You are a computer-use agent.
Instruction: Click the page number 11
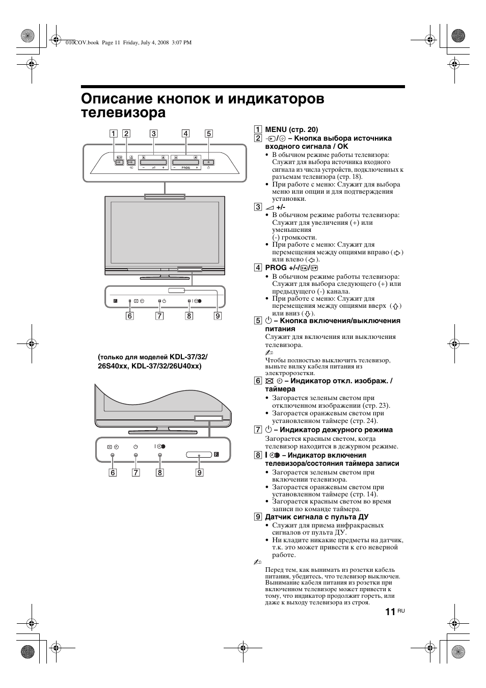tap(390, 612)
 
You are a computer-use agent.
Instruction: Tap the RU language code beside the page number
tap(401, 611)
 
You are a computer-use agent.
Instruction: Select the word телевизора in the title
tap(123, 112)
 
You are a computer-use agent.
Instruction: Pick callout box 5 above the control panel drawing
tap(208, 134)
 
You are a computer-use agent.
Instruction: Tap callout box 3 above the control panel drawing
tap(153, 134)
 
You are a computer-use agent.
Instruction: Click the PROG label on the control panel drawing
tap(185, 168)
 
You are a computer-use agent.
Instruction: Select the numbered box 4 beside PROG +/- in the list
tap(258, 268)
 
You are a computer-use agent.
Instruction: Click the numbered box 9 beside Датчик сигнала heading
tap(258, 517)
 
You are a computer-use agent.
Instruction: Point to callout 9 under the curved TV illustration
tap(200, 472)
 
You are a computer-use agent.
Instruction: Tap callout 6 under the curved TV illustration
tap(113, 472)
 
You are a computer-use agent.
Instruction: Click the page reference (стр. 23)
tap(374, 406)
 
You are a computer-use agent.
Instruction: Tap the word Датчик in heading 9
tap(276, 517)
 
